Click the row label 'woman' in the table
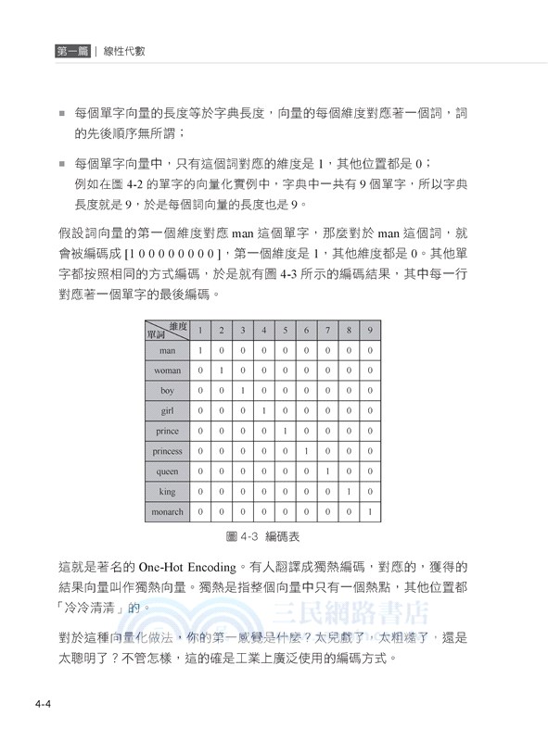[167, 370]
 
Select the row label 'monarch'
[167, 511]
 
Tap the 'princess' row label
[167, 451]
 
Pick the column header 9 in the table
[369, 330]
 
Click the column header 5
[284, 330]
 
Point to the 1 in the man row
[199, 351]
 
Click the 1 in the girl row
[263, 411]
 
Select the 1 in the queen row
[326, 471]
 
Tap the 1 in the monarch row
[369, 511]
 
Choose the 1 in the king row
[348, 492]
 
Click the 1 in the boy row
[242, 391]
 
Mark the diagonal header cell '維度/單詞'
[167, 330]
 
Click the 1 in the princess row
[305, 451]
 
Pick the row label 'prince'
[167, 431]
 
